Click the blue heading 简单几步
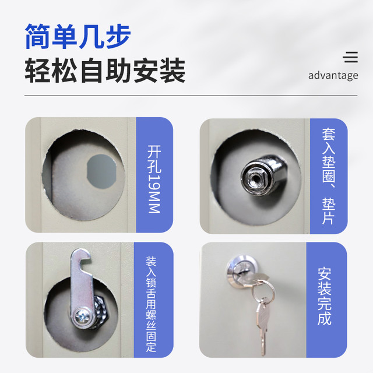pos(78,36)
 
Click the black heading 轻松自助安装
pos(105,71)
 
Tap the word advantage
pos(333,76)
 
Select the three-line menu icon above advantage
pos(350,57)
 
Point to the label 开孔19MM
pos(154,179)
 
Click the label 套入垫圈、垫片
pos(329,176)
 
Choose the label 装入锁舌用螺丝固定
pos(151,304)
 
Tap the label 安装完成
pos(325,296)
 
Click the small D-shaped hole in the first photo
pos(101,171)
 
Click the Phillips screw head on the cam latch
pos(82,316)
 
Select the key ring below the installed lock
pos(263,292)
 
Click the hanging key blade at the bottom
pos(263,328)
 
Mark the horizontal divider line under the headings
pos(191,96)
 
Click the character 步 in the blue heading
pos(118,36)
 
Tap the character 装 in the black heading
pos(173,71)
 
